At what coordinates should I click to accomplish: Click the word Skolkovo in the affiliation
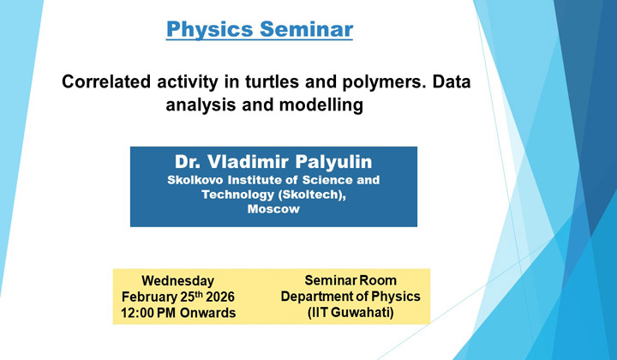coord(196,180)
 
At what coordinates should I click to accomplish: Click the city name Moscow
coord(273,209)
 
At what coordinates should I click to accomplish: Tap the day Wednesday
coord(177,280)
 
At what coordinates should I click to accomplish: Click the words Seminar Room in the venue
coord(350,280)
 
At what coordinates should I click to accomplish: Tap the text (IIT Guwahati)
coord(350,313)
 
